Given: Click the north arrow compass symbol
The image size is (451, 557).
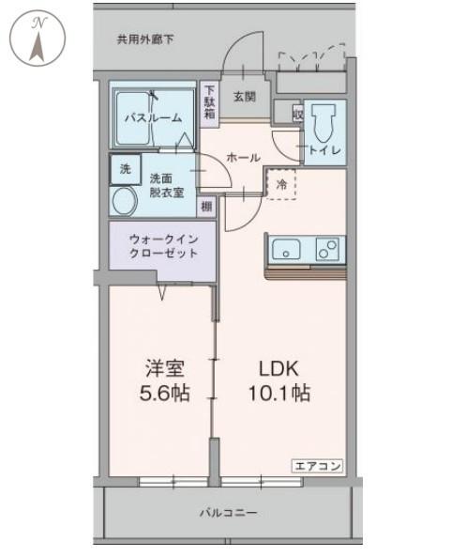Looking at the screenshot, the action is point(38,39).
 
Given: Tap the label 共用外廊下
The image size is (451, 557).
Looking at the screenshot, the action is point(145,39).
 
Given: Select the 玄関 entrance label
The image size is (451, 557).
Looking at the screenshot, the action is point(245,96).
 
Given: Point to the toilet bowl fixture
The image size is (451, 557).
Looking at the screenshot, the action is point(323,122).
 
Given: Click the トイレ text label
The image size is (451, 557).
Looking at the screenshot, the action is point(324,150).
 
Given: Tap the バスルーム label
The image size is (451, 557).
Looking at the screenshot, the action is point(153,118).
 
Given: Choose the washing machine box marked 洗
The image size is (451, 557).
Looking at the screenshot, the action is point(125,169).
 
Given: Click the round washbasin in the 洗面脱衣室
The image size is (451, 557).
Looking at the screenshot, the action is point(125,201).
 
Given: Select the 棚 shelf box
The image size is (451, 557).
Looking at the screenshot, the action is point(206,206).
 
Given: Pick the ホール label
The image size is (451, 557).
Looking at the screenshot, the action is point(243,158).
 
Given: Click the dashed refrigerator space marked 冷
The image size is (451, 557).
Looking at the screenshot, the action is point(281,184).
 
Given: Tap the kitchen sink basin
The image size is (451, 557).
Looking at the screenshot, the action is point(286,249).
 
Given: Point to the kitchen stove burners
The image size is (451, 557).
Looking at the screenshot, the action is point(327,249).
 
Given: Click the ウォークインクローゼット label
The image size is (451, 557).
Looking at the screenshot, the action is point(163,246).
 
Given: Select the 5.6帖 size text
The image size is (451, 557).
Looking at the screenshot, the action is point(164,394).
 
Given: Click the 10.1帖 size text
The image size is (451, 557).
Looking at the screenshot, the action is point(279,394).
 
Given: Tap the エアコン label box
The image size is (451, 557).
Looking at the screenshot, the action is point(318,466).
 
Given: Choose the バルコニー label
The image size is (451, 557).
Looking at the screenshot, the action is point(229,513).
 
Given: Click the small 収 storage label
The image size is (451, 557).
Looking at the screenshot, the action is point(298,115).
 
